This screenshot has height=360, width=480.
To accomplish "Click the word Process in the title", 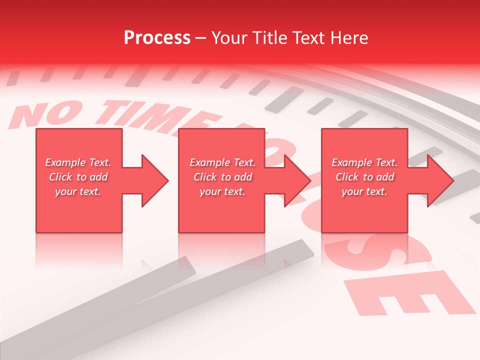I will (x=157, y=38).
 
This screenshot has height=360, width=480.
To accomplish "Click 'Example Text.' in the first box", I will (x=78, y=162).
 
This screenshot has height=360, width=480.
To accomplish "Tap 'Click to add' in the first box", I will (x=78, y=177).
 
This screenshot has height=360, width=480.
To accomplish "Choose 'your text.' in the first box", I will (x=78, y=191).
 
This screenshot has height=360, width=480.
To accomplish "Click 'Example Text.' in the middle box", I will (x=222, y=162).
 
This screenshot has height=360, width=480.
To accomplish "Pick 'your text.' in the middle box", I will (x=222, y=191).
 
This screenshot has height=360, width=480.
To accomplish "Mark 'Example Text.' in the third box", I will (x=364, y=162).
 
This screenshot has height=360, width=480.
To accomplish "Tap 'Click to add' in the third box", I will (x=364, y=177).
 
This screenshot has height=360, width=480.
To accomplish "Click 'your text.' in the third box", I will (x=364, y=191).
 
